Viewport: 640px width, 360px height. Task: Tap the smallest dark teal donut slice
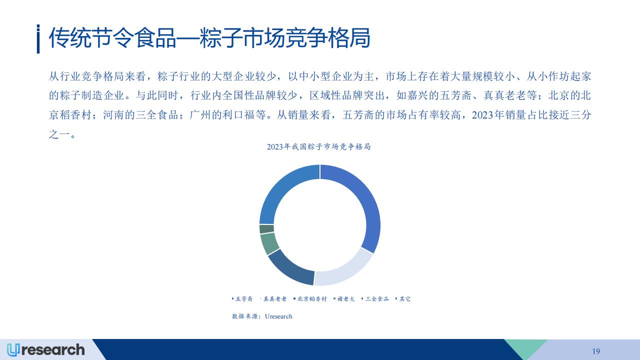point(266,229)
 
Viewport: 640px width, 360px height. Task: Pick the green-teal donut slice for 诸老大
point(269,243)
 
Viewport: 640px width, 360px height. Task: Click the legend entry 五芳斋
point(242,299)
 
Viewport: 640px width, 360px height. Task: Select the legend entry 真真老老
point(273,299)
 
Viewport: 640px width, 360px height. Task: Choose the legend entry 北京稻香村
point(310,299)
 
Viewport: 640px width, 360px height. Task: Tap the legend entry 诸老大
point(344,299)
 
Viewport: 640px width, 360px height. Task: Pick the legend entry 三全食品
point(375,299)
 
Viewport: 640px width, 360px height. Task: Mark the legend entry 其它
point(403,299)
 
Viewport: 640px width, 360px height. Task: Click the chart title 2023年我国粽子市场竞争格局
point(319,146)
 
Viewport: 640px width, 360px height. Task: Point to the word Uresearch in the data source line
point(278,316)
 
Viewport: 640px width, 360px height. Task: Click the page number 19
point(596,351)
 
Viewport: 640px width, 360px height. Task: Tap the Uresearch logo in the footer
point(45,350)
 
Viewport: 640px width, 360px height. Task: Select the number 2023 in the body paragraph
point(483,115)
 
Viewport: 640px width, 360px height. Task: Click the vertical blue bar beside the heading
point(38,39)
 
